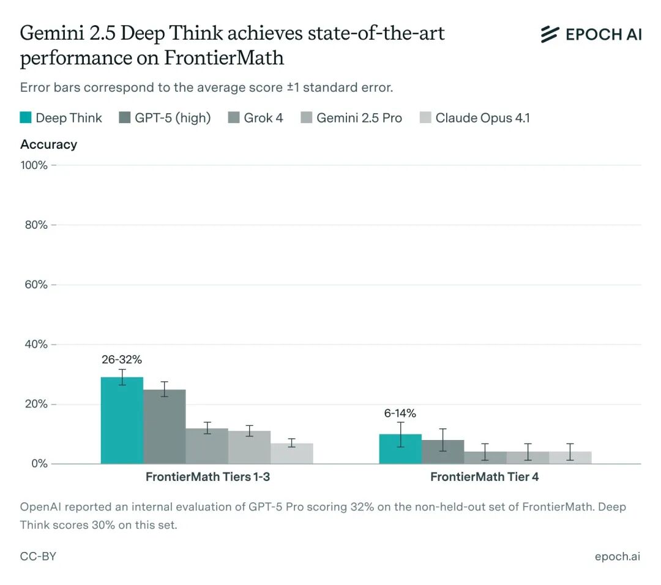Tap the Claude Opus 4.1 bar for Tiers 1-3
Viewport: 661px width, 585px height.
(x=291, y=453)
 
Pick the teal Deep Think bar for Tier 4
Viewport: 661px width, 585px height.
(x=400, y=449)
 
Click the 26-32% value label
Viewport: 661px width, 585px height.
(x=122, y=360)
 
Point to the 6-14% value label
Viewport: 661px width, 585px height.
(x=400, y=414)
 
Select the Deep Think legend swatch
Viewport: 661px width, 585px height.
(x=26, y=117)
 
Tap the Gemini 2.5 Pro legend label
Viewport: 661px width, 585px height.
(x=359, y=117)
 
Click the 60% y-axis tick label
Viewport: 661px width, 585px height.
(x=35, y=285)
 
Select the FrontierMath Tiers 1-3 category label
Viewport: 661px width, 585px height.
(x=207, y=477)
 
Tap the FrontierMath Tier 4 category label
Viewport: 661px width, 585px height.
(x=485, y=477)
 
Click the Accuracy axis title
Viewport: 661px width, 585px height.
(x=48, y=144)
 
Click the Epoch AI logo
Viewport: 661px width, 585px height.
(x=591, y=34)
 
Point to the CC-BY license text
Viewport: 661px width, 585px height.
(x=38, y=556)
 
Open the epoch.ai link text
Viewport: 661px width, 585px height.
(x=617, y=556)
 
